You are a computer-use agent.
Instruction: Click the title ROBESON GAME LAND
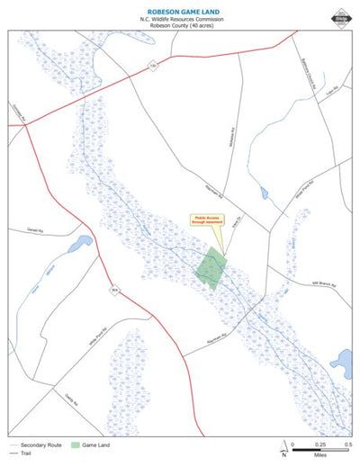(181, 8)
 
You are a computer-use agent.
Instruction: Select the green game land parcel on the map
(212, 267)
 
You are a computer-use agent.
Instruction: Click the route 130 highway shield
(153, 66)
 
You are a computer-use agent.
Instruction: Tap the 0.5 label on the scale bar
(348, 444)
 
